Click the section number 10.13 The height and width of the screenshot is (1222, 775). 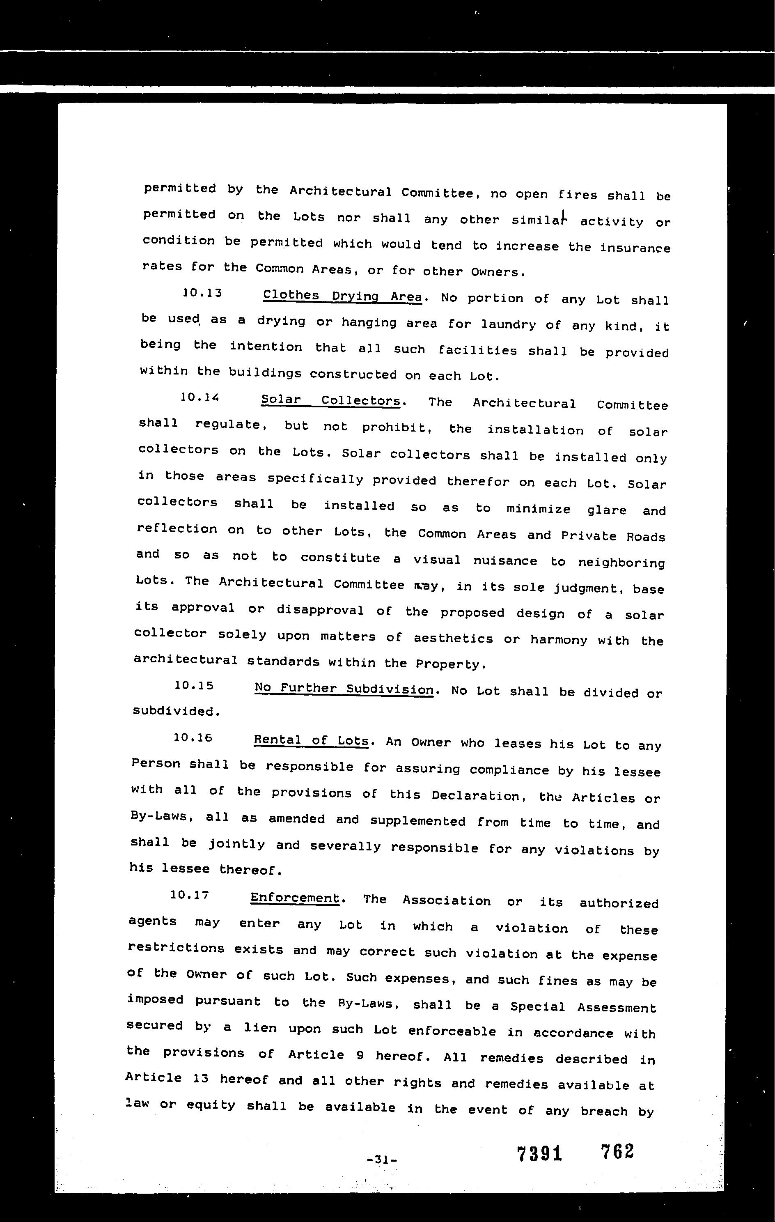202,293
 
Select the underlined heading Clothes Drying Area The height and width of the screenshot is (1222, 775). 342,296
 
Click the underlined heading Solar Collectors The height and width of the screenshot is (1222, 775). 331,400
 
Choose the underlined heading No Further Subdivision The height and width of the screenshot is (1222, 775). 344,689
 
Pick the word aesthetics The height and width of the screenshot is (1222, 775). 453,639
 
